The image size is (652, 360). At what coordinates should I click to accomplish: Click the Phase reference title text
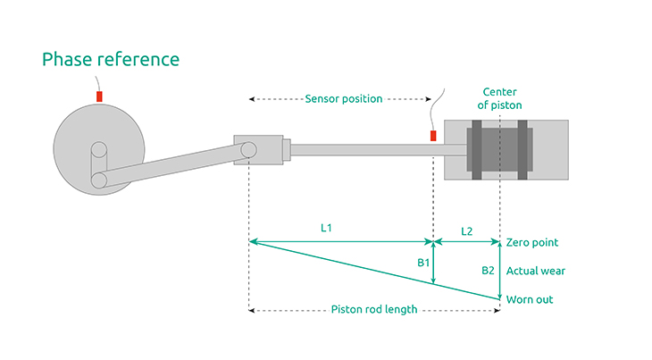111,60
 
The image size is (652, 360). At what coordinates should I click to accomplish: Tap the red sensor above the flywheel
99,94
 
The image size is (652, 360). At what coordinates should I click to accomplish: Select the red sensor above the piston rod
433,135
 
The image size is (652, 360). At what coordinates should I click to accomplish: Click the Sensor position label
343,98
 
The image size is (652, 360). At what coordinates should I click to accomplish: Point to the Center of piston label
502,98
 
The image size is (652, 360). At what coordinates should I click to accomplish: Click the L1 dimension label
327,229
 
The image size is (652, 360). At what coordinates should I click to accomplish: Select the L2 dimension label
466,230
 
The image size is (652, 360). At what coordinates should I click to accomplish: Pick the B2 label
488,270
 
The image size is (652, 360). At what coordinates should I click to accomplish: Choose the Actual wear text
535,270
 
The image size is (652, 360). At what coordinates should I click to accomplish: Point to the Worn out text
530,299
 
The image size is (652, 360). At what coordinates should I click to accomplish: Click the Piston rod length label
373,310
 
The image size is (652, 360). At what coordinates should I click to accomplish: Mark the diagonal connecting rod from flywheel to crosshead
170,166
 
